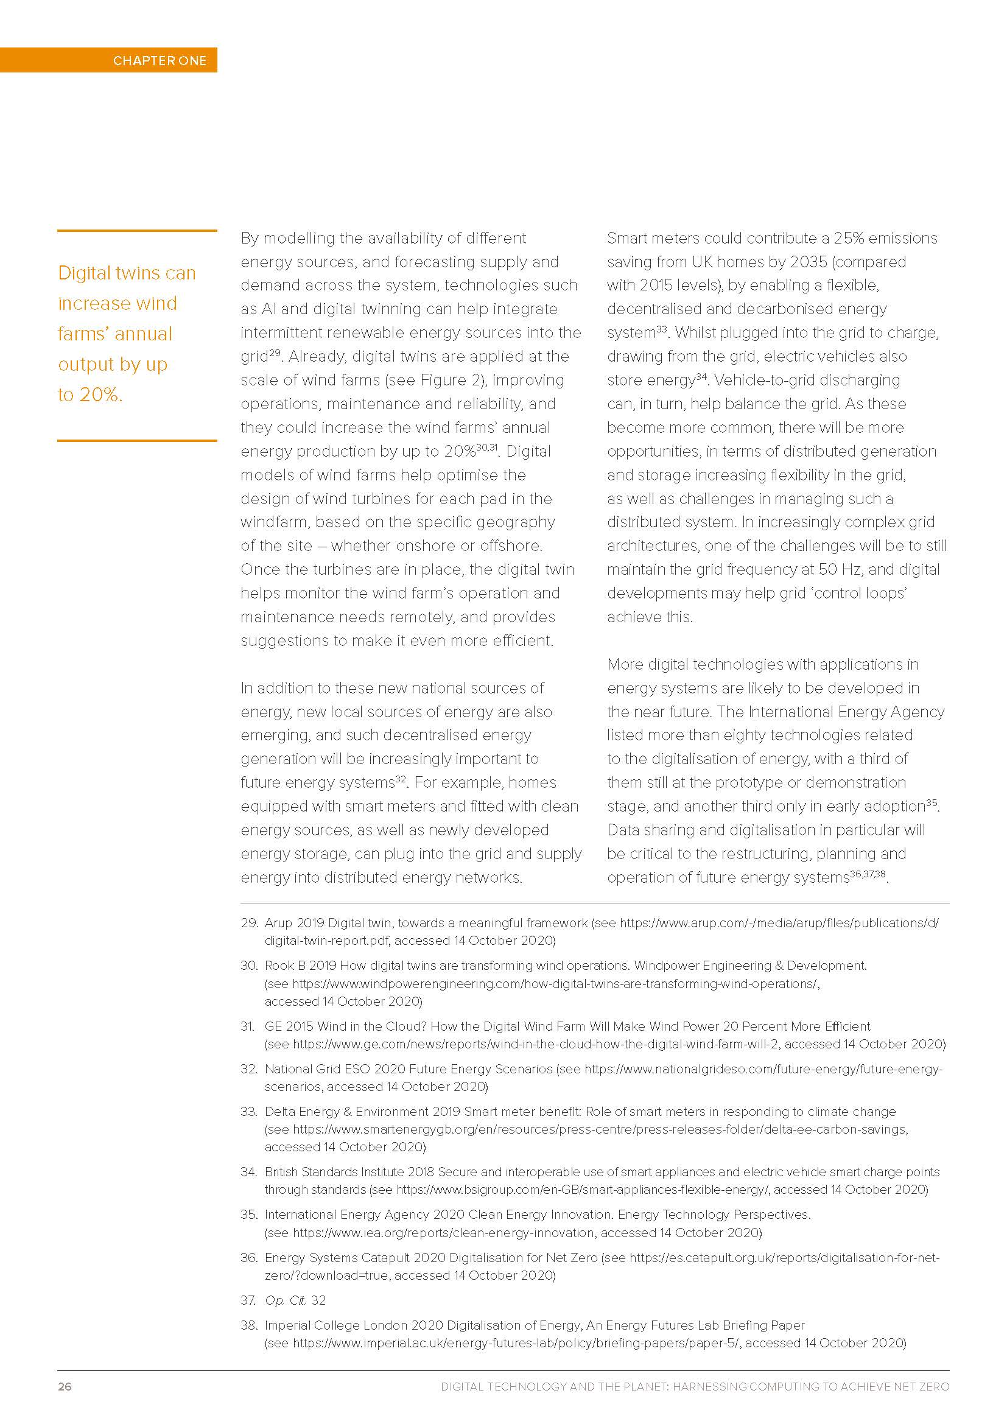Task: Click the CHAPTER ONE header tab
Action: (160, 60)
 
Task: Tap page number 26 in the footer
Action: (65, 1386)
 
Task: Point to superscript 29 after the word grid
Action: (275, 352)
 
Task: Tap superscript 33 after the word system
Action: (662, 329)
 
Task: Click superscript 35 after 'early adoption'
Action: (932, 802)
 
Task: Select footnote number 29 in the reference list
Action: (248, 923)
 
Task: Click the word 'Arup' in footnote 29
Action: (278, 923)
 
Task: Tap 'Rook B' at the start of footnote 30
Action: (284, 966)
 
